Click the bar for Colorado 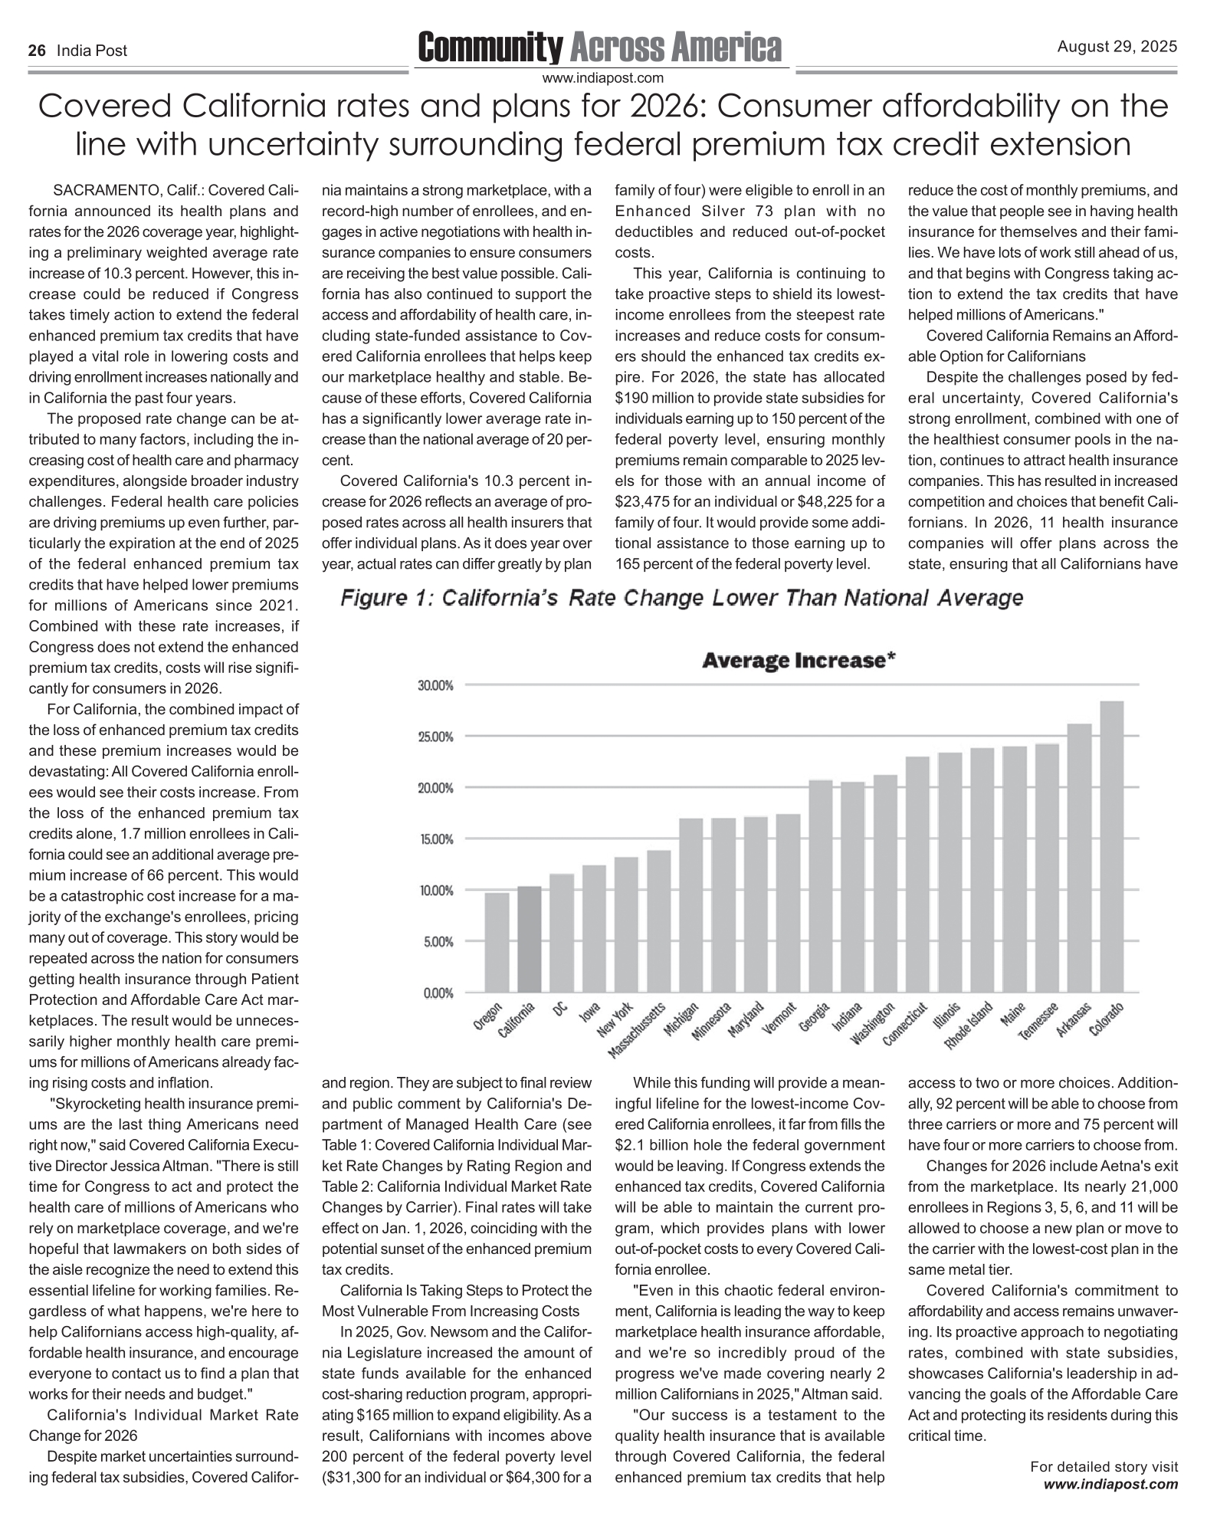tap(1111, 846)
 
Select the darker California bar tap(529, 939)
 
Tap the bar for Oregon tap(497, 942)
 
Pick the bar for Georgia tap(821, 886)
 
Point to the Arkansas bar tap(1079, 858)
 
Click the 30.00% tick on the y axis tap(436, 685)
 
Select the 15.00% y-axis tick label tap(436, 839)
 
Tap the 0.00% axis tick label tap(438, 993)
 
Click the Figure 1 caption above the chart tap(681, 598)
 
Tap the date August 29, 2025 tap(1117, 48)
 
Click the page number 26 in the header tap(36, 51)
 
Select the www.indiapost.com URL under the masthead tap(602, 77)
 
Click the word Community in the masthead tap(490, 48)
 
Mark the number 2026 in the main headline tap(667, 107)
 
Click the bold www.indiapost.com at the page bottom tap(1111, 1485)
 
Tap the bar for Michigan tap(690, 905)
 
